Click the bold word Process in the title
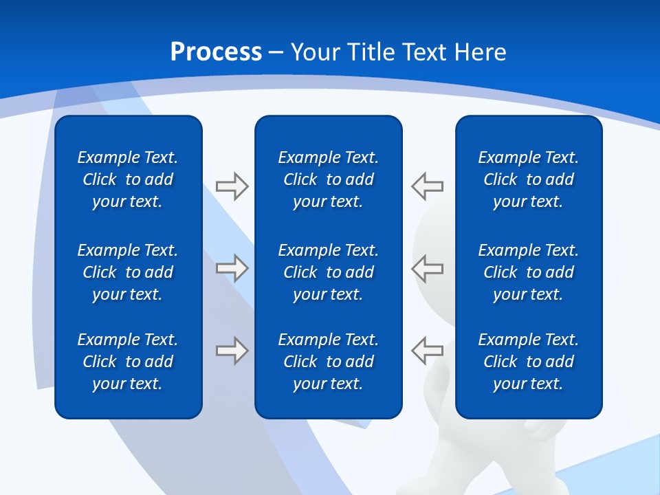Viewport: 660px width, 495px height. pos(216,52)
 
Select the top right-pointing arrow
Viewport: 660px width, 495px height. pos(232,186)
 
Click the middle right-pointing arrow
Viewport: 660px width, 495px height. pos(232,268)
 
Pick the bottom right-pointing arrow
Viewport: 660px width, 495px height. pos(232,351)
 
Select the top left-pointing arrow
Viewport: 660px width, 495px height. pos(428,186)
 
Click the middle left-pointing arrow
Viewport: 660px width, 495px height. pos(428,268)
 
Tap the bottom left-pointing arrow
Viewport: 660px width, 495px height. pos(428,351)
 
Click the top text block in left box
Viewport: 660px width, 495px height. pos(128,179)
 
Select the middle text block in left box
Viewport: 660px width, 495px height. pos(128,272)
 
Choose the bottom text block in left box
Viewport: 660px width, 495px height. pos(128,362)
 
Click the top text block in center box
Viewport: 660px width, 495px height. pos(329,179)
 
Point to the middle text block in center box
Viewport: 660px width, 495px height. pos(329,272)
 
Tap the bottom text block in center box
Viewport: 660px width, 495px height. pos(329,362)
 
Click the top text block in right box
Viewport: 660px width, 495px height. pos(529,179)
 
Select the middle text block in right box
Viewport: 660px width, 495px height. pos(529,272)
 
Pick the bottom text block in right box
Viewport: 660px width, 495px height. pos(529,362)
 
